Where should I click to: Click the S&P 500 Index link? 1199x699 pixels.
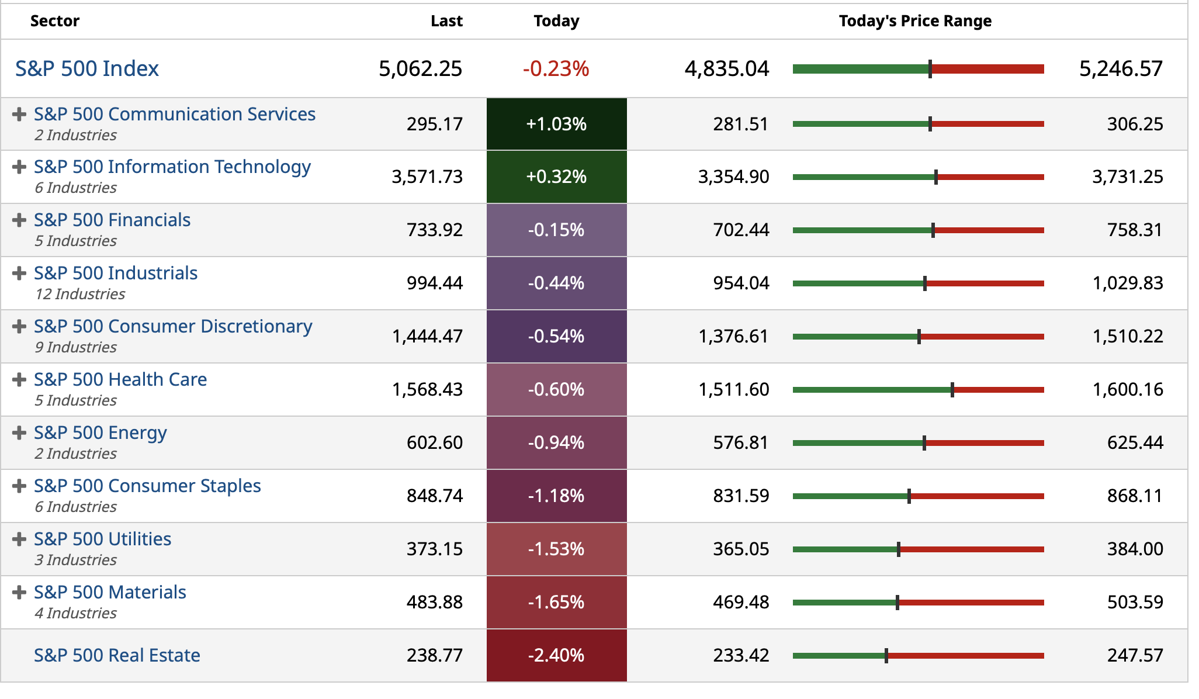[x=87, y=69]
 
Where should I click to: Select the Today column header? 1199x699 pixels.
[x=556, y=21]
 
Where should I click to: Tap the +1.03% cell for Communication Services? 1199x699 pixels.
[x=556, y=124]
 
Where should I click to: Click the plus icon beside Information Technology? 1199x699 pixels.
[x=19, y=167]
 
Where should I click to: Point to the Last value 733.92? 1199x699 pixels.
[x=435, y=230]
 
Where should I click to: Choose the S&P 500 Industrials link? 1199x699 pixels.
[x=116, y=273]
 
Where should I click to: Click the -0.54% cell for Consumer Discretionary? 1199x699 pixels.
[x=556, y=336]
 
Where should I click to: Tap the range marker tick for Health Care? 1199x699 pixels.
[x=952, y=390]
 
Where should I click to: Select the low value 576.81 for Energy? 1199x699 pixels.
[x=740, y=442]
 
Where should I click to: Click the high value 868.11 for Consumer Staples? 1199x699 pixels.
[x=1135, y=496]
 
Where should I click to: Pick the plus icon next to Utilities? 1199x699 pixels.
[x=19, y=539]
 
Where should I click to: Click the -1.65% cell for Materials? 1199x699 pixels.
[x=556, y=602]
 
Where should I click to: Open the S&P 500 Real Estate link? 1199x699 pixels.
[x=117, y=655]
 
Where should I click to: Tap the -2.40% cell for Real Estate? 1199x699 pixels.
[x=556, y=655]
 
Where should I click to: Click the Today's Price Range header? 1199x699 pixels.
[x=915, y=21]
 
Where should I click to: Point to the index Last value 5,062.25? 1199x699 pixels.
[x=420, y=69]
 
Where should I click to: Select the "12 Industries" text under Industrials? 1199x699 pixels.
[x=80, y=294]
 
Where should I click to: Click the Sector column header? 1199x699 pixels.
[x=55, y=21]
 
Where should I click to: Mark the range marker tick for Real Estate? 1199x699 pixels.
[x=886, y=656]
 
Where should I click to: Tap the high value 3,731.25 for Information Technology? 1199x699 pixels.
[x=1128, y=177]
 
